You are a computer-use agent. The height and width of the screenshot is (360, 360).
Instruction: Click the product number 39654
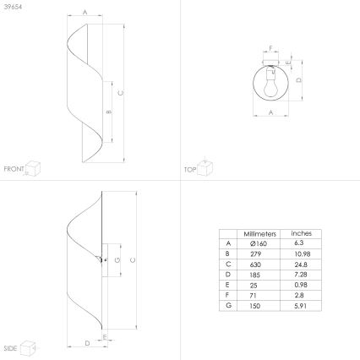(x=13, y=7)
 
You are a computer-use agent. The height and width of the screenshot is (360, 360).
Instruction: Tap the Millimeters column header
(x=259, y=234)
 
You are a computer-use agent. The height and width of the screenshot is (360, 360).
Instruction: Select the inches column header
(x=302, y=233)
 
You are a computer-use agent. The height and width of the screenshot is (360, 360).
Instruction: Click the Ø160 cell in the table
(x=259, y=243)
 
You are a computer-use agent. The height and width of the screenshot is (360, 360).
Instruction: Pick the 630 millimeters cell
(x=255, y=265)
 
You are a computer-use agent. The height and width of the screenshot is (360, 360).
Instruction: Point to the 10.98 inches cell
(x=303, y=254)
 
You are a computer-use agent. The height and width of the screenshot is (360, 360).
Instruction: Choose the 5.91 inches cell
(x=301, y=306)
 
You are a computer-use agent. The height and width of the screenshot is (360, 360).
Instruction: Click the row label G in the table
(x=228, y=305)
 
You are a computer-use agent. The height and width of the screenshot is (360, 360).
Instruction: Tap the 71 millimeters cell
(x=254, y=295)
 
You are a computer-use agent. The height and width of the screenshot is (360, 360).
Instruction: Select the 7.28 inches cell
(x=301, y=275)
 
